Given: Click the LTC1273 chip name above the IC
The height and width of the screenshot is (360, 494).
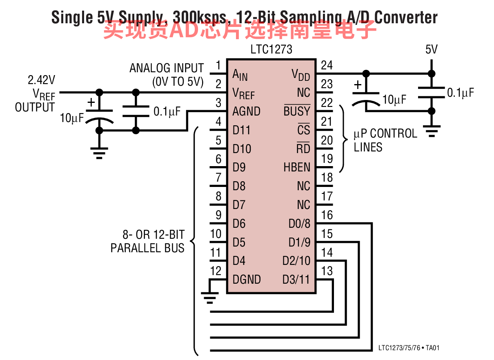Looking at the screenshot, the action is [271, 49].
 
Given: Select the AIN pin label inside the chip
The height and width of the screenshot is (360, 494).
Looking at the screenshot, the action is [240, 75].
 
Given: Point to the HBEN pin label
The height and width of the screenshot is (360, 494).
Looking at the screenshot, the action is [297, 167].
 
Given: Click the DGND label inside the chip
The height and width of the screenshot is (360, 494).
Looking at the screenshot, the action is [247, 279].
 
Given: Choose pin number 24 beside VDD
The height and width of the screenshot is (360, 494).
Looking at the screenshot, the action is [327, 65].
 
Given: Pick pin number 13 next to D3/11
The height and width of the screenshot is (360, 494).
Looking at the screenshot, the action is [327, 271].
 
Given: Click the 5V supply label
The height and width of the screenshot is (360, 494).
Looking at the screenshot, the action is [432, 49].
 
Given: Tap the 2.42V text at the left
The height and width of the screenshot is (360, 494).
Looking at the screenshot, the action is [42, 80].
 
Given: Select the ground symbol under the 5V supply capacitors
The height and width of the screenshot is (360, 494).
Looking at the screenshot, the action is [432, 131].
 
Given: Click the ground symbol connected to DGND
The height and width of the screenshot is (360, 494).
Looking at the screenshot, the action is [209, 298].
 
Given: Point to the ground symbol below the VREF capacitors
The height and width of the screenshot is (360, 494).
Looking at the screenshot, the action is [99, 153].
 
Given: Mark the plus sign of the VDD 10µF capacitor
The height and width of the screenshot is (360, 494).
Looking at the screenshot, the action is [358, 85].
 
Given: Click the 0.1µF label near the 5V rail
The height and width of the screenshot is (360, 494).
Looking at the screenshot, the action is [461, 93].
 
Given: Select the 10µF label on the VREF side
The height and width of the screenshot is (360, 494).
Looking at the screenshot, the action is [72, 118].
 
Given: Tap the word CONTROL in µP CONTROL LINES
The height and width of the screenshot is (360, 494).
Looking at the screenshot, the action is [394, 133].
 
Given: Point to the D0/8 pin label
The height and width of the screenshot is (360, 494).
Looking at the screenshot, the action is [299, 224].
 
